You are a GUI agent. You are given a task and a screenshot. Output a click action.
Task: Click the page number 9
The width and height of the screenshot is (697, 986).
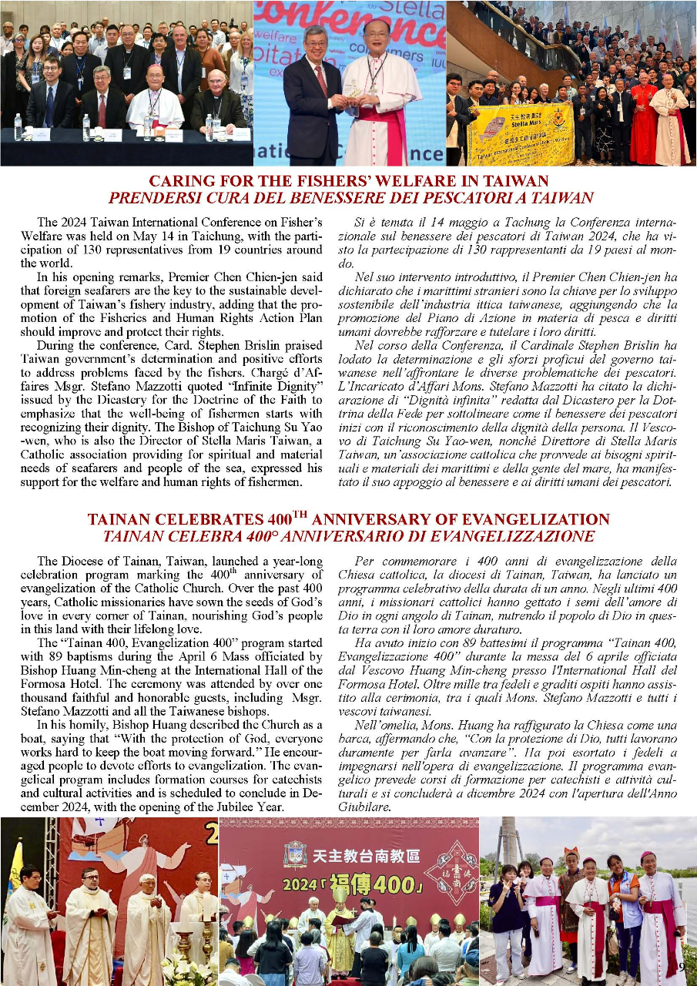point(682,968)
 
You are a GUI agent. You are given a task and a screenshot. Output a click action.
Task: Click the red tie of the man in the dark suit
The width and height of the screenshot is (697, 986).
point(320,82)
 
